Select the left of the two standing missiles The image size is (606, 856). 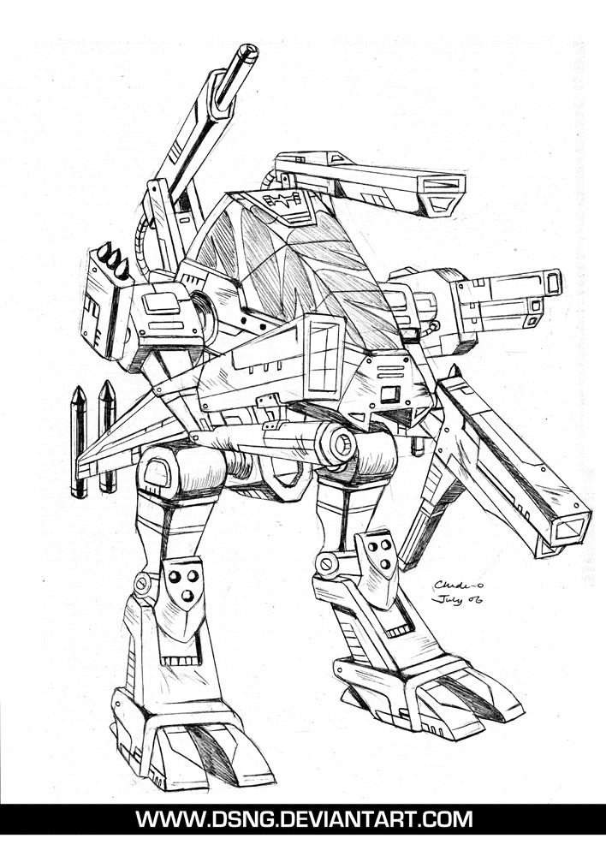[78, 441]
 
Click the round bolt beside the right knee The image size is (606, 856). [325, 564]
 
